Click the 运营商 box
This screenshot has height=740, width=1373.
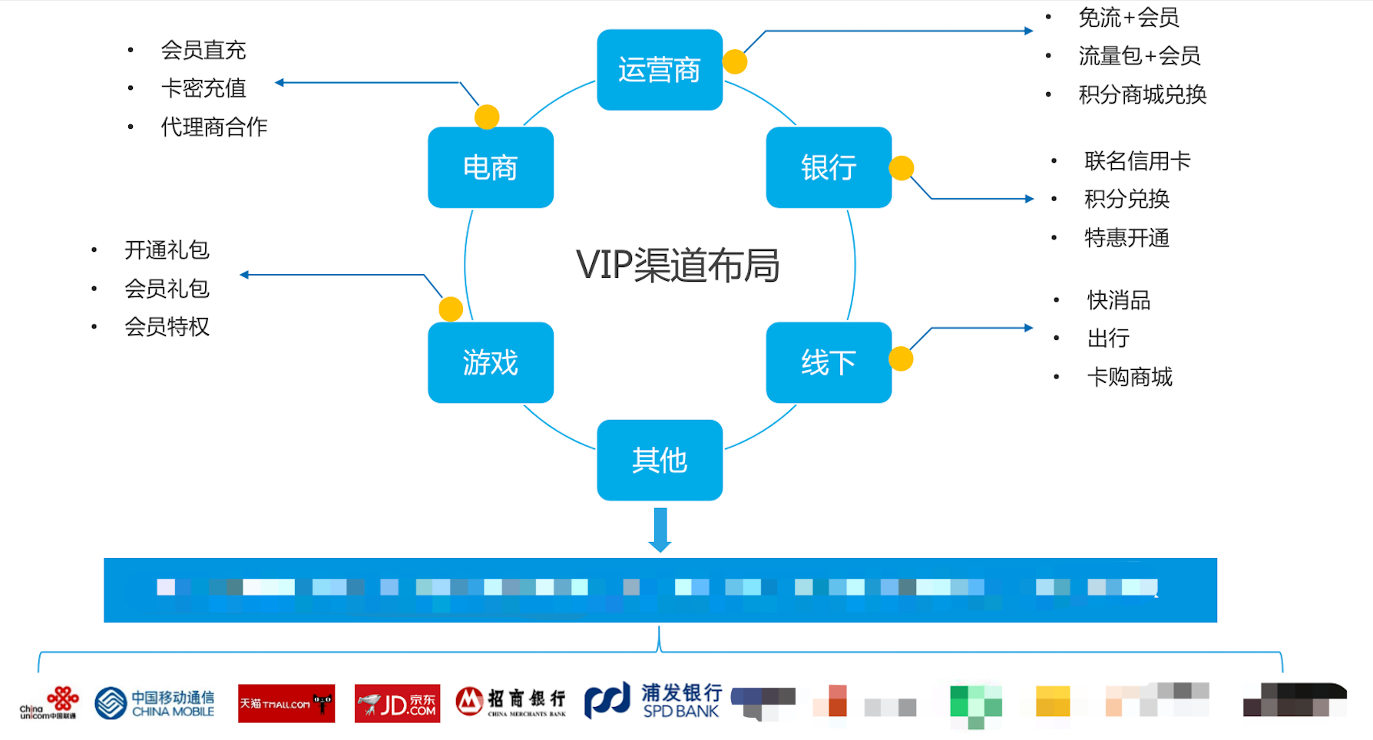point(659,70)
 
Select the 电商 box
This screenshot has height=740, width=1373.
point(490,167)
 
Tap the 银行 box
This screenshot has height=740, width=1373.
point(828,167)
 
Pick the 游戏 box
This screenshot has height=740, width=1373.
point(490,362)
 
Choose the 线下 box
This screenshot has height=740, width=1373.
point(828,362)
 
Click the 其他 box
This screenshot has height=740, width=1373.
point(659,460)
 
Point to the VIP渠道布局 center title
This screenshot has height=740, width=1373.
point(677,265)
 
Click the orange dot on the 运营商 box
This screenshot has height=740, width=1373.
point(735,61)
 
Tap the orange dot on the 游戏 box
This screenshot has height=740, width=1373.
point(451,309)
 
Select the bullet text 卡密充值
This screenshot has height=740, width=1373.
point(203,88)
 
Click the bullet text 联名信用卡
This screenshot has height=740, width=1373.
point(1137,161)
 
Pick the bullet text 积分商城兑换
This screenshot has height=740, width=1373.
point(1142,94)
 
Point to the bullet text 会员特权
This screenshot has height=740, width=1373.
point(167,327)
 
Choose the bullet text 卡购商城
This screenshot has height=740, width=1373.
point(1130,377)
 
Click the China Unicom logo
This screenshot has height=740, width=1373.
point(49,702)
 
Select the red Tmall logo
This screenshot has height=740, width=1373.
point(286,703)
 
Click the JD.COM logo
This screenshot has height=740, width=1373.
point(397,703)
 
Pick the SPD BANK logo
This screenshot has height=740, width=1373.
point(653,702)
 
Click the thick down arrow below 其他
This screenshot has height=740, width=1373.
point(660,529)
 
